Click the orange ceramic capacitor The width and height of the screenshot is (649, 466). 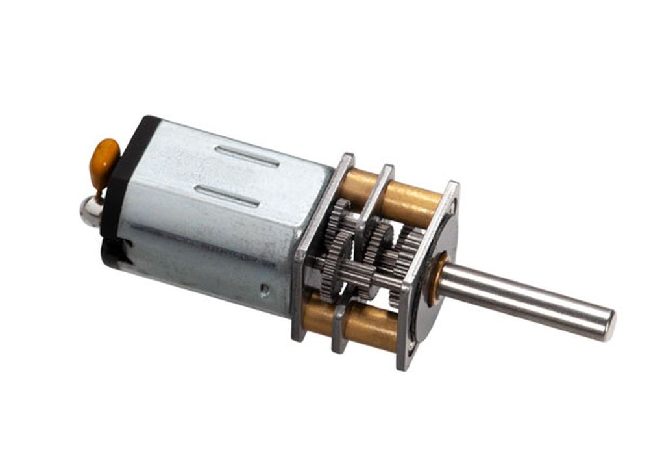[104, 157]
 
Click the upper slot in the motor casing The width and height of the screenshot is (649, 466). [247, 156]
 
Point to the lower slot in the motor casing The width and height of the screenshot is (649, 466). [228, 196]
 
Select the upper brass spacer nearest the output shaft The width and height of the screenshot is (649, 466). [415, 201]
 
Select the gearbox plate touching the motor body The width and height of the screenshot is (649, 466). [300, 260]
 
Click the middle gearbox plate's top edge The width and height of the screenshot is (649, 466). [384, 172]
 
